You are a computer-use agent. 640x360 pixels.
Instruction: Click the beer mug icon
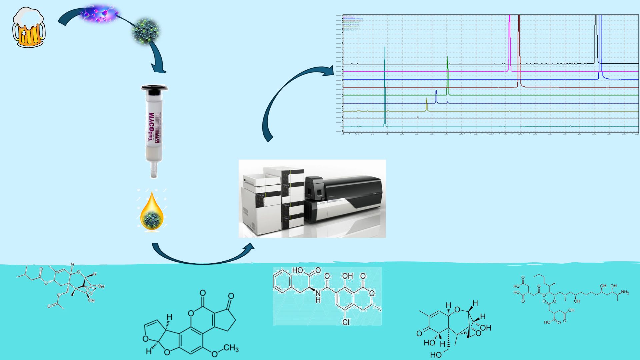(29, 28)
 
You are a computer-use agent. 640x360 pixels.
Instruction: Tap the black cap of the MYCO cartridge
(154, 89)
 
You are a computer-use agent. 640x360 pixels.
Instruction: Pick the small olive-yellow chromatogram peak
(427, 104)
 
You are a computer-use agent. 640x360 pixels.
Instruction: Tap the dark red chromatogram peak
(519, 50)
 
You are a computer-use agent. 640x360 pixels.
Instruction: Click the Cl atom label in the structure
(346, 322)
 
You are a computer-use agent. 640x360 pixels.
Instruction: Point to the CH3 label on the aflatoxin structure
(231, 349)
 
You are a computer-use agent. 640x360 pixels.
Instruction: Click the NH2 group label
(624, 293)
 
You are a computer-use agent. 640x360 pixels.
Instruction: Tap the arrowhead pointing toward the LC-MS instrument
(248, 247)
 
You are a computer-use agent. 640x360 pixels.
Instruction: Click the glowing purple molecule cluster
(100, 13)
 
